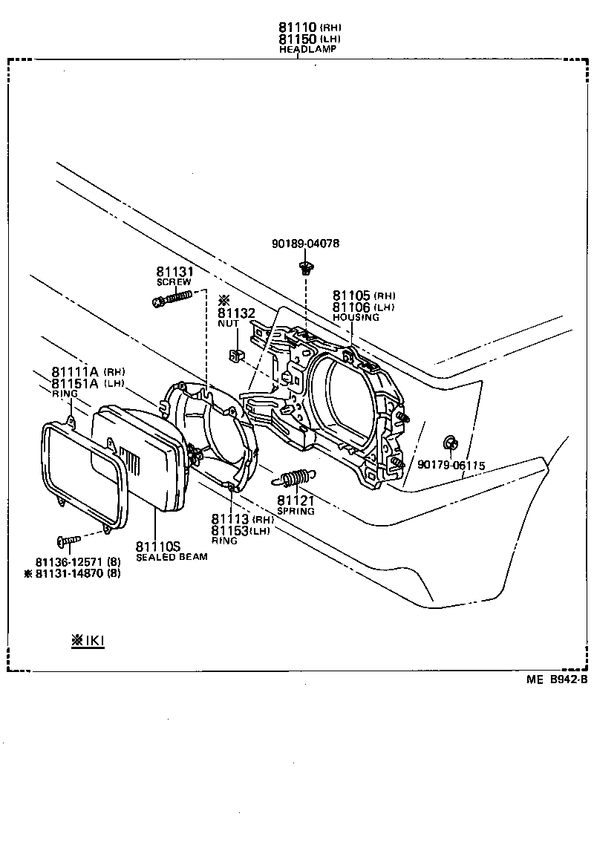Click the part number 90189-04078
307,244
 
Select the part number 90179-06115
451,466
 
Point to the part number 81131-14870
71,573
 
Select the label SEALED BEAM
172,557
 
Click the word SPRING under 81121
296,511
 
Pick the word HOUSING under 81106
356,317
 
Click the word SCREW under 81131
173,282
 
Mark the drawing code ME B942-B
558,679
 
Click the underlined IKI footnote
88,640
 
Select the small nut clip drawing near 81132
235,355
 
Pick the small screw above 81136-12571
67,541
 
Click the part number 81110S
157,546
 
